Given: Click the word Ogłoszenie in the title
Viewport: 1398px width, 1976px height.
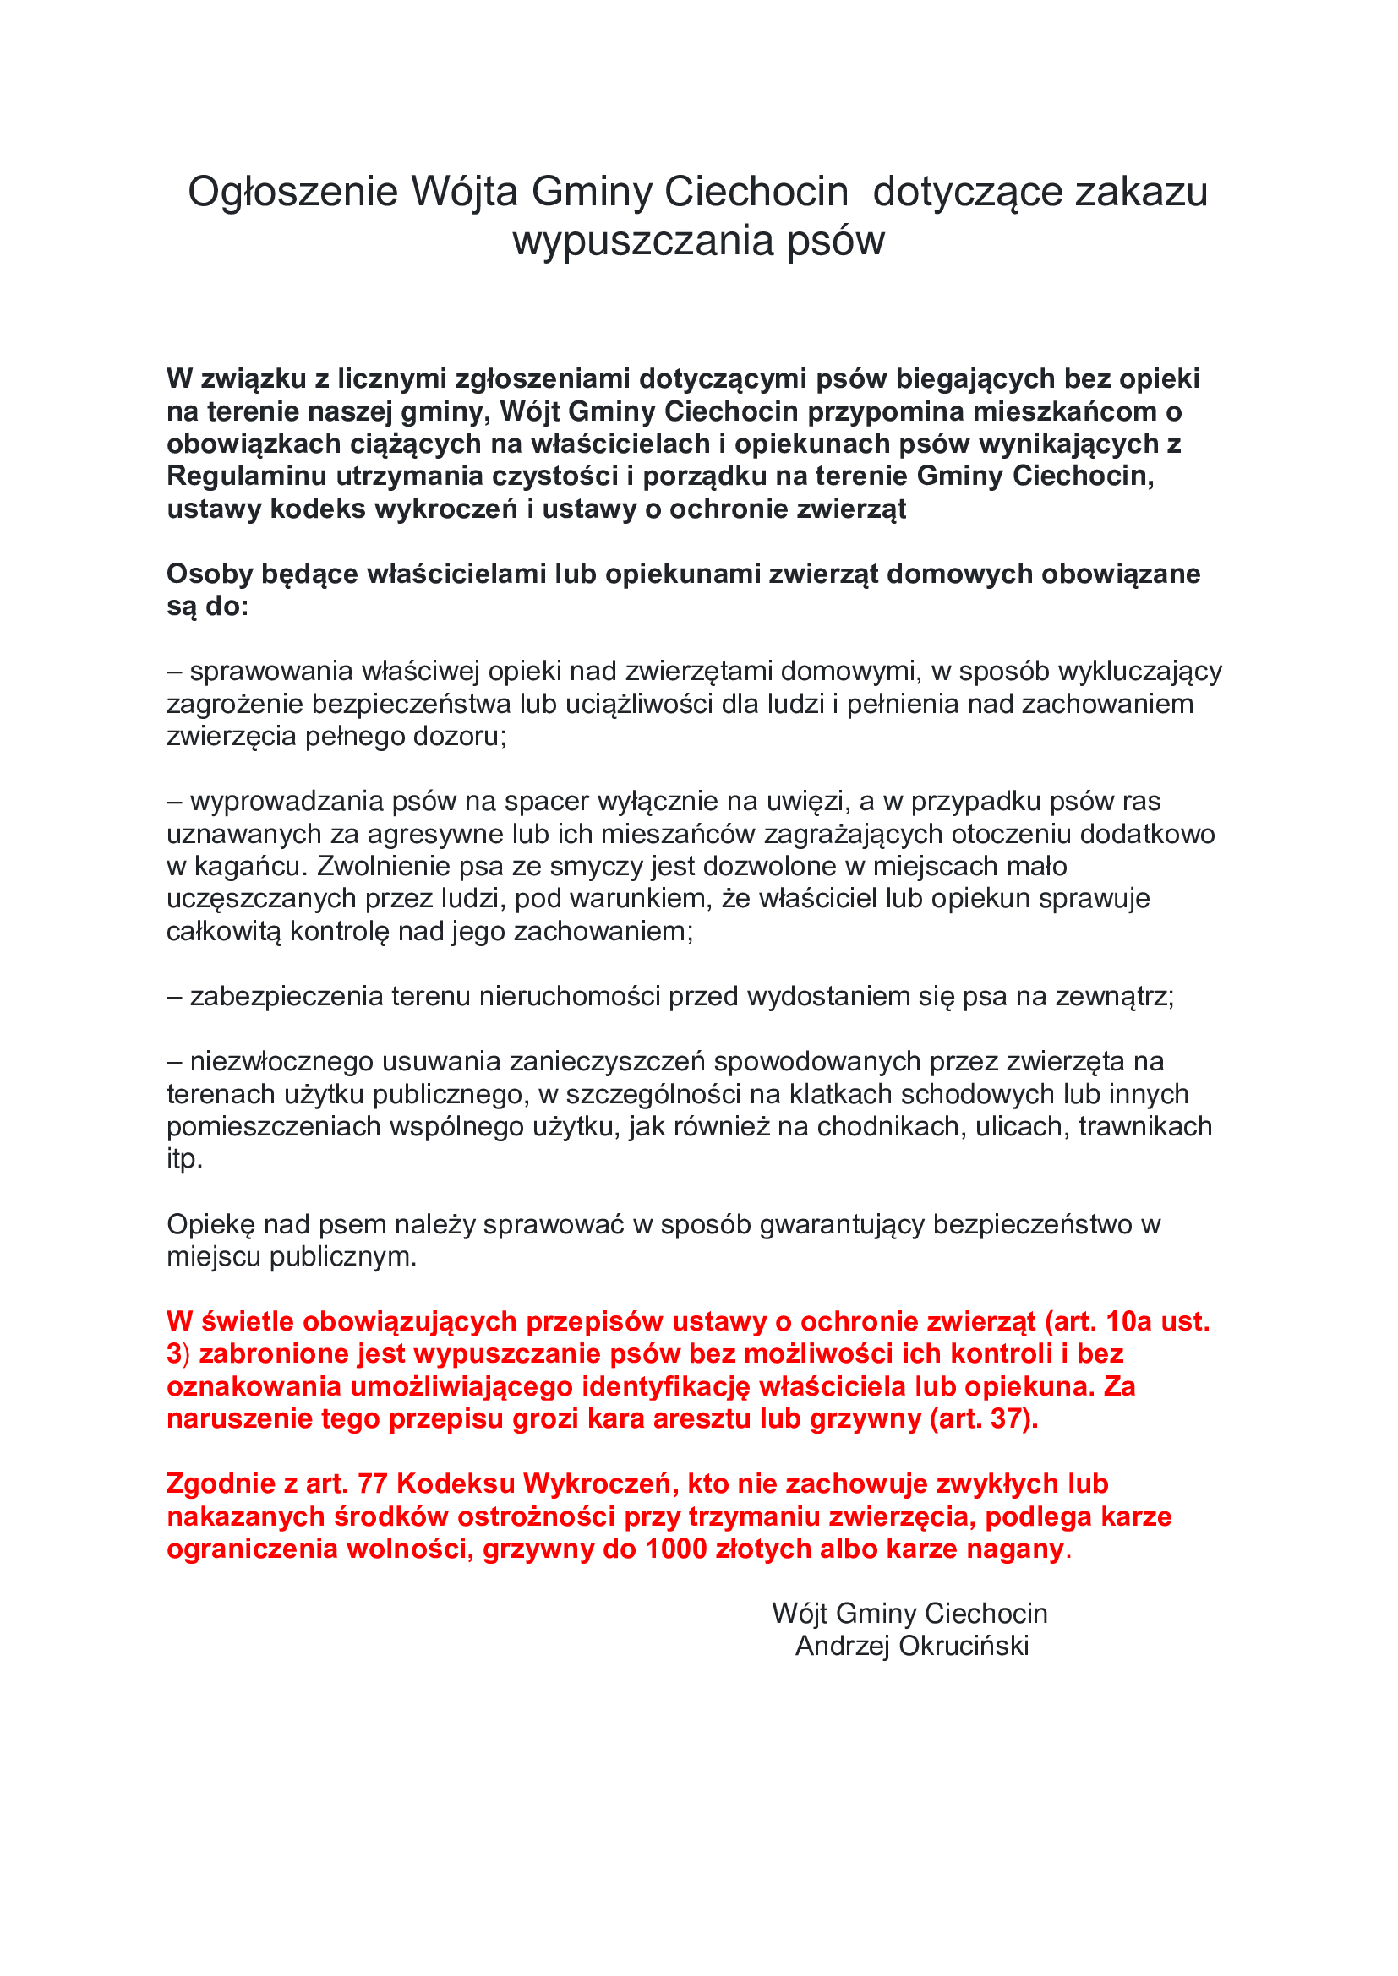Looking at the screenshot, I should tap(292, 193).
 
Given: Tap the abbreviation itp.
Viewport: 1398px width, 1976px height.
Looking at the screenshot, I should tap(184, 1159).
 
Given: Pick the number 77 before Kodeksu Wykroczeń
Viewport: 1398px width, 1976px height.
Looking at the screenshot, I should tap(372, 1484).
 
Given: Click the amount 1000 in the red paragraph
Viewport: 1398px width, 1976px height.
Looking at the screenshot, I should tap(679, 1549).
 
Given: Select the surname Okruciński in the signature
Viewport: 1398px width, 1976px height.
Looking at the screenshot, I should tap(964, 1647).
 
